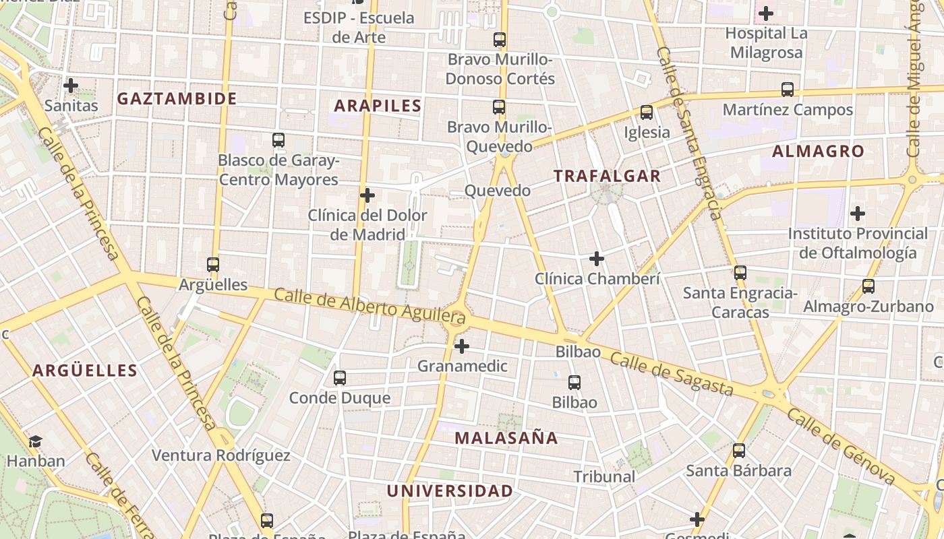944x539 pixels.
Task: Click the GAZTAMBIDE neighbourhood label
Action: (177, 99)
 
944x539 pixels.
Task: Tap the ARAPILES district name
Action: (378, 106)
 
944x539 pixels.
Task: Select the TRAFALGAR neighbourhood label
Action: (607, 177)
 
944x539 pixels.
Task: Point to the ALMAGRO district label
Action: (818, 152)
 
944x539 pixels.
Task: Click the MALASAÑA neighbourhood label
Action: (506, 439)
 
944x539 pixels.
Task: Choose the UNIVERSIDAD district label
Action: (450, 491)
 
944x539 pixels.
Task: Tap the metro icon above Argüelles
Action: (213, 265)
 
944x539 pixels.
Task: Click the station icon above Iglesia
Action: (647, 113)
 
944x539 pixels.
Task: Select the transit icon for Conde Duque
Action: (340, 378)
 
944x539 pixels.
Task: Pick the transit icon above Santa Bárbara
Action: (739, 451)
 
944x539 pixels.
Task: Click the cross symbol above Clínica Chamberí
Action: (597, 259)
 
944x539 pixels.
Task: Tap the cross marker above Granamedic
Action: (462, 347)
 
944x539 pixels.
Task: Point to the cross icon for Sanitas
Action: (71, 86)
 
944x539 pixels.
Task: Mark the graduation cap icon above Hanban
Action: (35, 441)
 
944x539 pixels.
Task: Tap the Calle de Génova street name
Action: (841, 447)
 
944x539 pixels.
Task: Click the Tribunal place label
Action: (604, 477)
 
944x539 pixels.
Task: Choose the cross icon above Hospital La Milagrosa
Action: (766, 13)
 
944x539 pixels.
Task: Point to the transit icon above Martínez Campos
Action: (788, 89)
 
